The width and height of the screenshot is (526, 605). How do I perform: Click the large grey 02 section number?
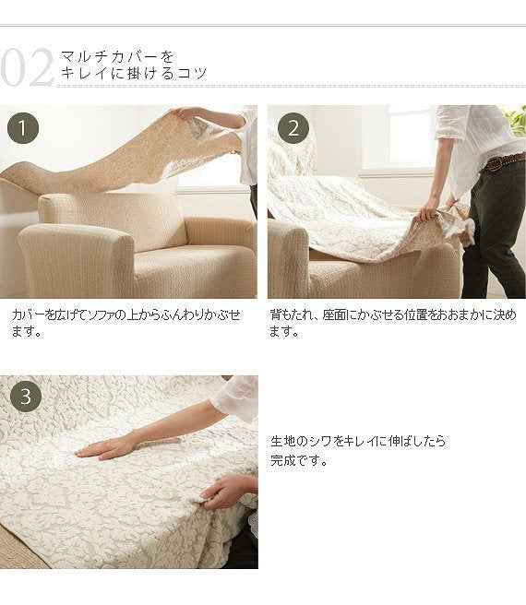(26, 68)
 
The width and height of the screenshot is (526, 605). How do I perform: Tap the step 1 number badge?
(23, 128)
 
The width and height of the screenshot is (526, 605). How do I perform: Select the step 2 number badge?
(293, 128)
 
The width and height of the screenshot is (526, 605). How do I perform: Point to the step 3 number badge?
(26, 397)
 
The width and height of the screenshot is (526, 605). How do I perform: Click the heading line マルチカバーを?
(117, 57)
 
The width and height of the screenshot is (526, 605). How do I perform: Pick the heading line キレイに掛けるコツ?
(134, 73)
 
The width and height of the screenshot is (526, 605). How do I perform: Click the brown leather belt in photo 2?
(504, 162)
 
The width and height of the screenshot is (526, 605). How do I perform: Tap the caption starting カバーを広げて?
(126, 323)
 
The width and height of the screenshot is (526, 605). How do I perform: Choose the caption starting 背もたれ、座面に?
(392, 323)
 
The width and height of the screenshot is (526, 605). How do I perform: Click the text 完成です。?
(299, 460)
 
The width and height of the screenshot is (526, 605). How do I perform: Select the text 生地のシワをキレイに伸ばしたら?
(358, 441)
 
